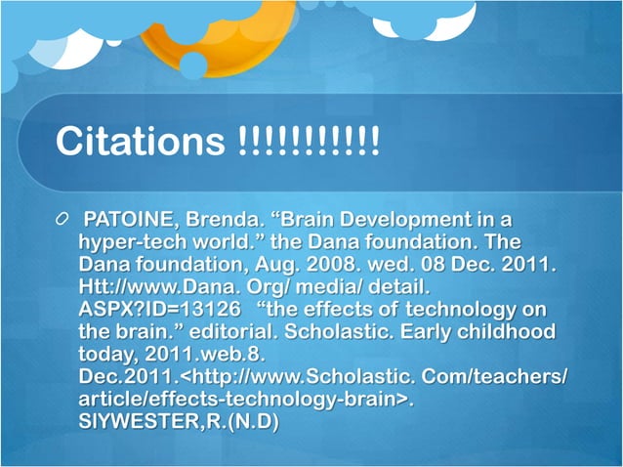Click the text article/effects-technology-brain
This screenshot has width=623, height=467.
[238, 401]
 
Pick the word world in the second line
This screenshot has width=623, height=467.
[227, 240]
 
